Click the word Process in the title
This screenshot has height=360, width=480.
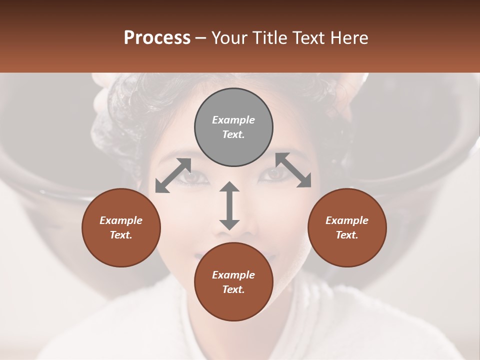[157, 38]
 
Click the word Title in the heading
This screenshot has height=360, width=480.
[268, 38]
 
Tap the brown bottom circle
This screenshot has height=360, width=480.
[233, 304]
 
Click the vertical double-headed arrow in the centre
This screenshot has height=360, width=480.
[229, 205]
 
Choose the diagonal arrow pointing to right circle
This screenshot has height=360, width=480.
[293, 170]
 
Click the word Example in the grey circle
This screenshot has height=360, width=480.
[233, 120]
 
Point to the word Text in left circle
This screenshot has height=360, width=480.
[121, 235]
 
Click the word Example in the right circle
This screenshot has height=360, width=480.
[347, 220]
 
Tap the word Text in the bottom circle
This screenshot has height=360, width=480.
[233, 289]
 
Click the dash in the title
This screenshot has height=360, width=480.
[201, 38]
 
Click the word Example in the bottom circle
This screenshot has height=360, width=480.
[233, 275]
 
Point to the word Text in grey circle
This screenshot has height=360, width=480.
[233, 134]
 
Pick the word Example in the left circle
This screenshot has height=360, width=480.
[121, 220]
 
